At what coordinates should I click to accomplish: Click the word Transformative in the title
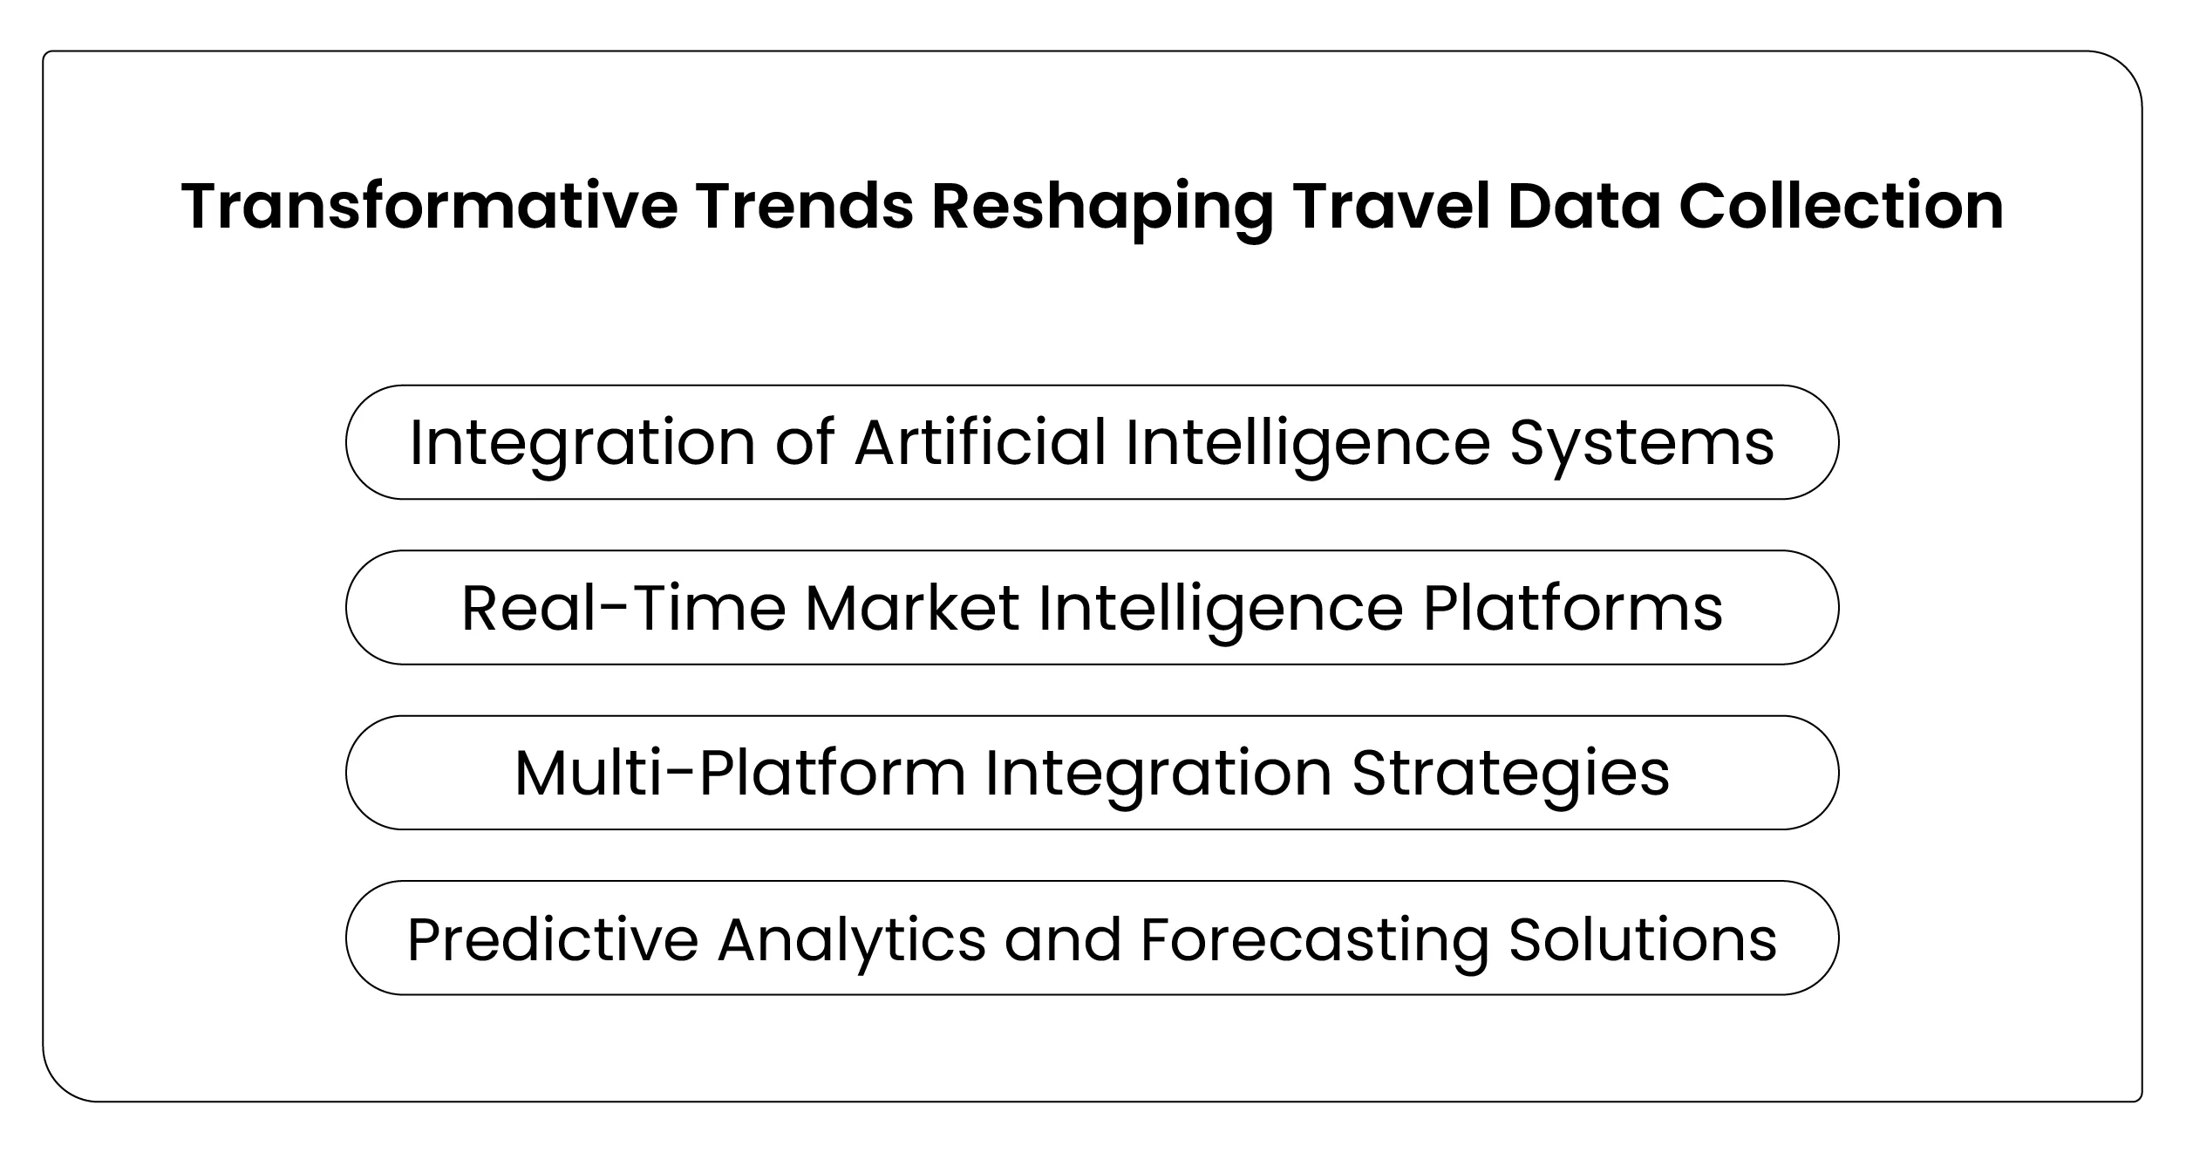click(x=429, y=208)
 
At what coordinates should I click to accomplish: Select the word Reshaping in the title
click(x=1101, y=208)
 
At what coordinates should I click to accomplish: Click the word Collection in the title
click(x=1841, y=208)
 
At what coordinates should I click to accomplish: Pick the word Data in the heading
click(x=1583, y=208)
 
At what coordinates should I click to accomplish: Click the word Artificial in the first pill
click(x=980, y=442)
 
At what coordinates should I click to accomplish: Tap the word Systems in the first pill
click(x=1641, y=442)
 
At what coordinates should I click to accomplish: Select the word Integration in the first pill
click(x=582, y=442)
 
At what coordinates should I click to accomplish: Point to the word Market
click(x=911, y=608)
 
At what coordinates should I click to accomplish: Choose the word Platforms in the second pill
click(x=1573, y=608)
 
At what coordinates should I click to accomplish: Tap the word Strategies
click(x=1510, y=773)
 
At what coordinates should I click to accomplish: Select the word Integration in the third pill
click(x=1158, y=773)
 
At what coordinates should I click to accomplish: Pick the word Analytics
click(x=852, y=939)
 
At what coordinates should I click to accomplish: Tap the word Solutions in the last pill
click(x=1642, y=939)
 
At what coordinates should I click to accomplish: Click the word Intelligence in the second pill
click(x=1221, y=608)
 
